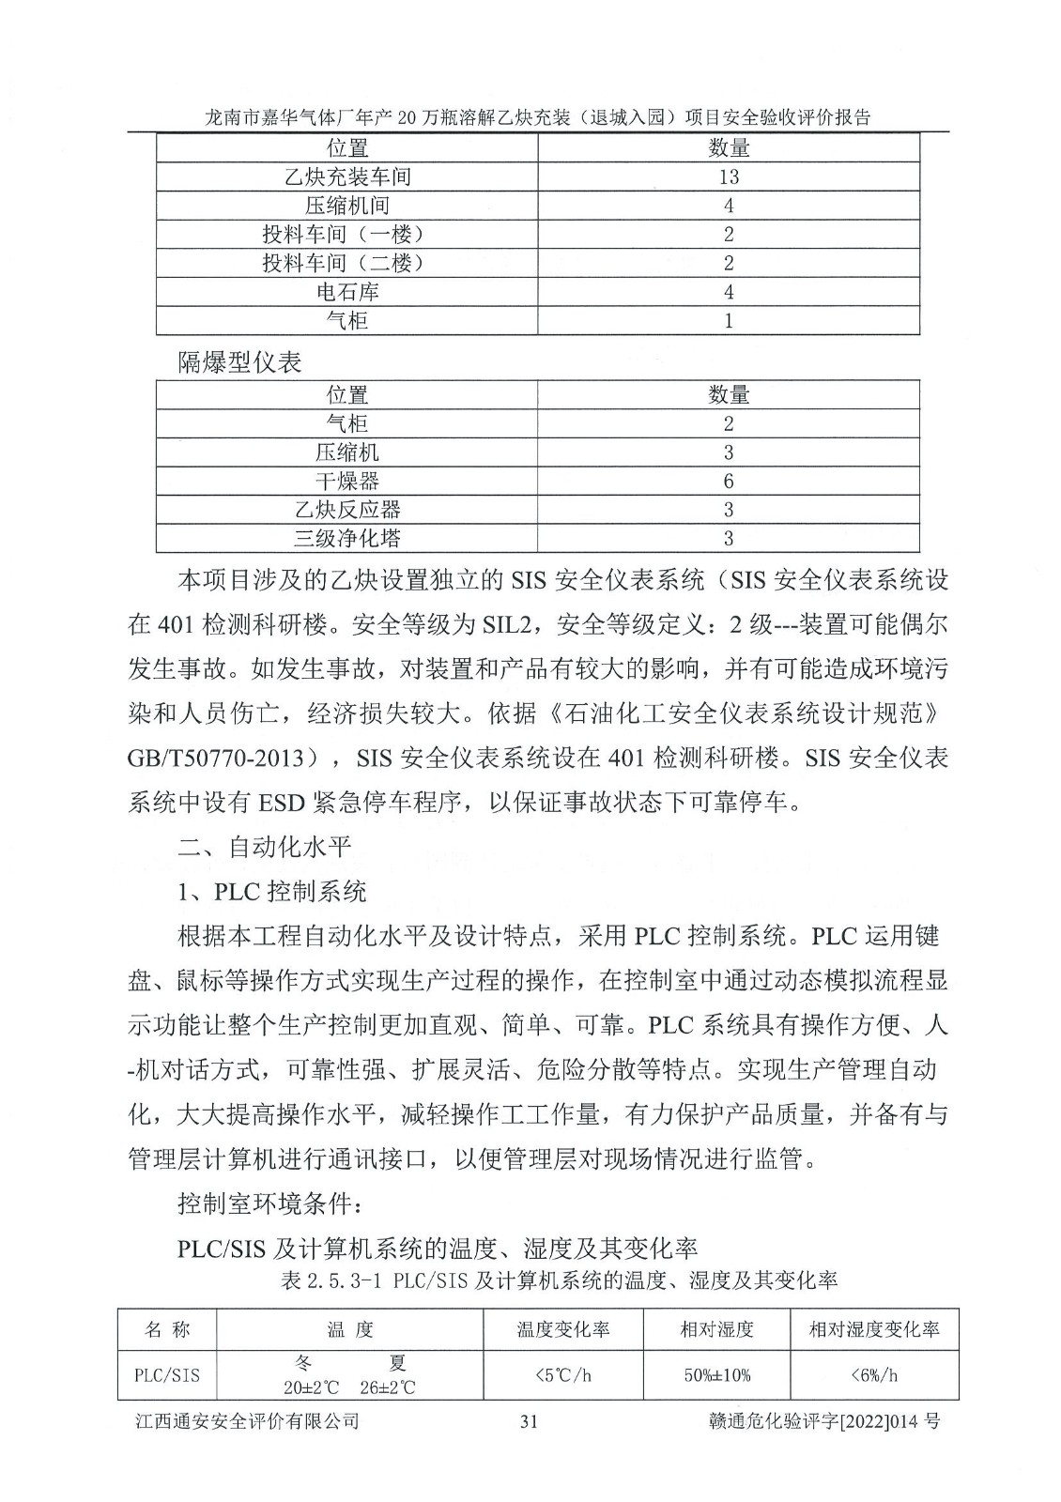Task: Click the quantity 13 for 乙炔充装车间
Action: point(728,176)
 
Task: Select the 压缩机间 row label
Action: point(346,206)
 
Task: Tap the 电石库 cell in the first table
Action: point(346,292)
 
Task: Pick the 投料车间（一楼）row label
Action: point(346,235)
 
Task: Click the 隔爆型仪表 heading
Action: point(240,362)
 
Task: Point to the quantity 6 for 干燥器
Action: point(728,482)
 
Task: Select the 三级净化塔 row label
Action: point(346,539)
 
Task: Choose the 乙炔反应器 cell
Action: point(346,510)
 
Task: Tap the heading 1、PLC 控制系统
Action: point(272,891)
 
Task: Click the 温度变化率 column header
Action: point(562,1330)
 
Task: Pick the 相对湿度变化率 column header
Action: point(874,1330)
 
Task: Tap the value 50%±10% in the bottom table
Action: point(716,1375)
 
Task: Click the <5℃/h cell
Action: point(562,1375)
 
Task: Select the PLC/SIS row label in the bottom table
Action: point(167,1375)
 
